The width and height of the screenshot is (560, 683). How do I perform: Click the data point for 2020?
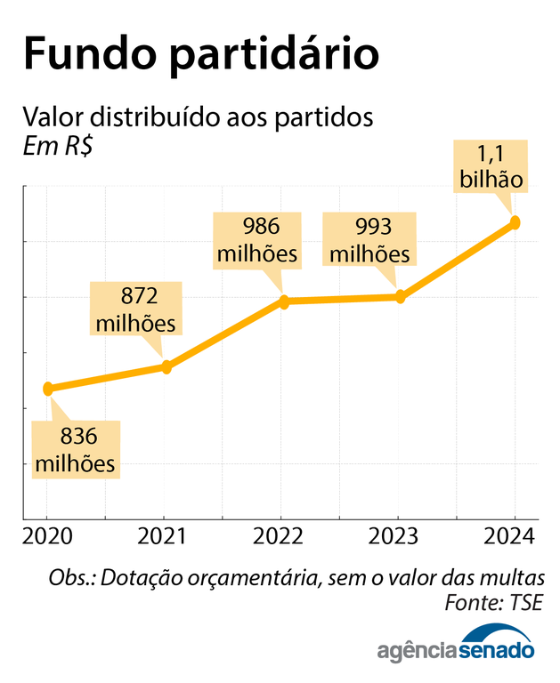pyautogui.click(x=48, y=389)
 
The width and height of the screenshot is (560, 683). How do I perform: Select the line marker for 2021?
pyautogui.click(x=165, y=366)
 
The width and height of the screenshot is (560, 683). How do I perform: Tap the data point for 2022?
pyautogui.click(x=284, y=302)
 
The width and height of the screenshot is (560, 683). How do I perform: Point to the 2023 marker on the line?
pyautogui.click(x=400, y=297)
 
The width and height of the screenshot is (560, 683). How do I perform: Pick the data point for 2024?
pyautogui.click(x=515, y=222)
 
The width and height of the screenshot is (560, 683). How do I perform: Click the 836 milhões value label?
pyautogui.click(x=75, y=450)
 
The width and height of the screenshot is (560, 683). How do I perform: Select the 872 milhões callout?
pyautogui.click(x=135, y=308)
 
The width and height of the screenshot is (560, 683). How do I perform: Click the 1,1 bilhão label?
pyautogui.click(x=491, y=165)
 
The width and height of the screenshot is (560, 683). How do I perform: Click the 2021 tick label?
pyautogui.click(x=164, y=536)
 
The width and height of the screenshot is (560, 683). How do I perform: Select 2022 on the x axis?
pyautogui.click(x=280, y=536)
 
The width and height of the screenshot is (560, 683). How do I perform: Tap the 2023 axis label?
pyautogui.click(x=397, y=536)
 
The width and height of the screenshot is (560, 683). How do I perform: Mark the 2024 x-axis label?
pyautogui.click(x=514, y=536)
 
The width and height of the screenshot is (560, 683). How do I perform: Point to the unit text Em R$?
pyautogui.click(x=59, y=145)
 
